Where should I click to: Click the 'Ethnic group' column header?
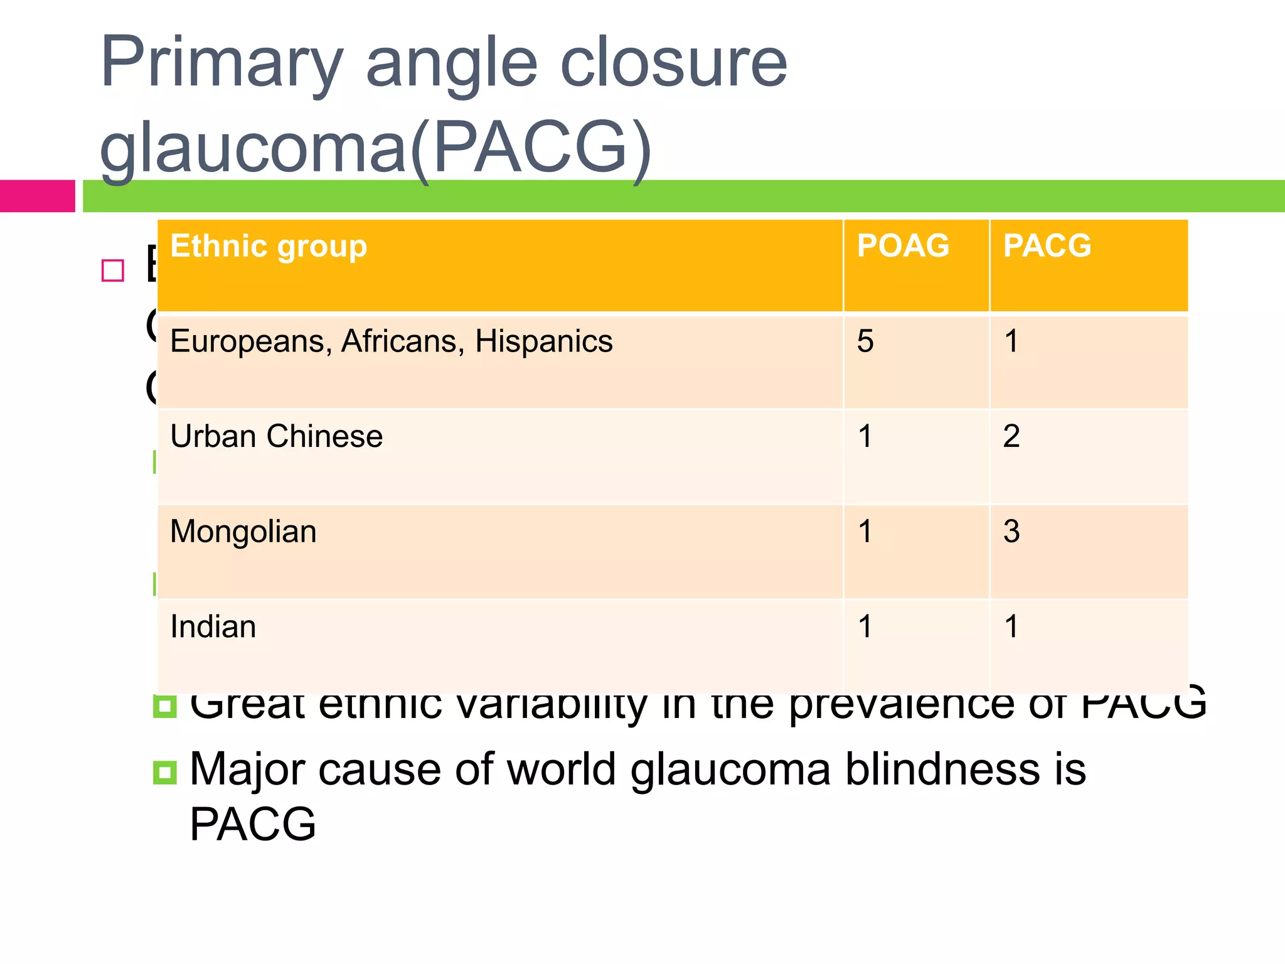pos(269,246)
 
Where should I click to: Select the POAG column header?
pos(903,245)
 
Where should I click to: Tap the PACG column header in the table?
pos(1047,245)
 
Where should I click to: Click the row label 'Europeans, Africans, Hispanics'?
pos(391,341)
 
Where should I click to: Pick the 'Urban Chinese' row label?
pos(276,436)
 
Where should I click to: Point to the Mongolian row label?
pos(243,532)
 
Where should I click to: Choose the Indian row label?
pos(213,627)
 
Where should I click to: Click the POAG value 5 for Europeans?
pos(865,341)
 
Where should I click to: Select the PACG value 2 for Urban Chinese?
pos(1011,436)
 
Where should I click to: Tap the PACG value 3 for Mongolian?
pos(1011,532)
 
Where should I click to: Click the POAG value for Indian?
pos(865,627)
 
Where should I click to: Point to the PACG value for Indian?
pos(1011,627)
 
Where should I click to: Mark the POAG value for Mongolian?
pos(865,532)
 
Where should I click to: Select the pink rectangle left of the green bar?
pos(37,196)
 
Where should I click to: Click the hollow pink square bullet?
pos(113,270)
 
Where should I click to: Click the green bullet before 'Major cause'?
pos(164,771)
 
